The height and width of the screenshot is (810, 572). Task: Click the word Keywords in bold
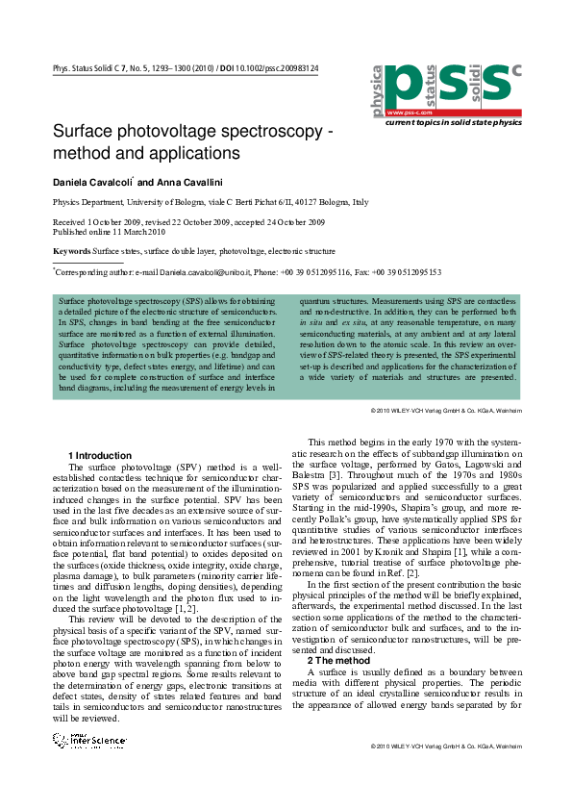click(71, 251)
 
